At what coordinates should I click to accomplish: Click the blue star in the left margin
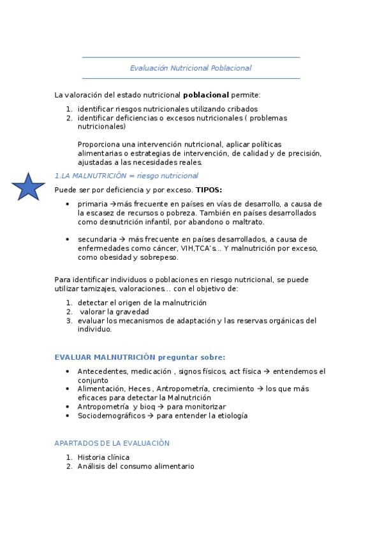(x=28, y=187)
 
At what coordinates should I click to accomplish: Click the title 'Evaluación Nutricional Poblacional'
(x=191, y=67)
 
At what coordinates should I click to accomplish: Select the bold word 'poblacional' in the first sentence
(x=207, y=95)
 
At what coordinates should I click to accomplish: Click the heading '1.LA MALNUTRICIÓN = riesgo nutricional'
(x=126, y=176)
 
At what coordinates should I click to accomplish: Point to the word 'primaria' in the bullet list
(x=93, y=204)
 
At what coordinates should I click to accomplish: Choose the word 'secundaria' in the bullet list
(x=97, y=239)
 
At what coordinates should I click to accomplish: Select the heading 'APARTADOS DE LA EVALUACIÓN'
(x=112, y=443)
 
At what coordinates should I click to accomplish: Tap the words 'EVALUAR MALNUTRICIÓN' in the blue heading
(x=105, y=357)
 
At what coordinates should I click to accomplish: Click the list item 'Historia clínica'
(x=103, y=457)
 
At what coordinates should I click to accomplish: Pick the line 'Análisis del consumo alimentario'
(x=136, y=466)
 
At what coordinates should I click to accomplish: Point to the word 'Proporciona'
(x=99, y=144)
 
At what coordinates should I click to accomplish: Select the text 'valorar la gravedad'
(x=114, y=311)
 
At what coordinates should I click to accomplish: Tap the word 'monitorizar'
(x=204, y=407)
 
